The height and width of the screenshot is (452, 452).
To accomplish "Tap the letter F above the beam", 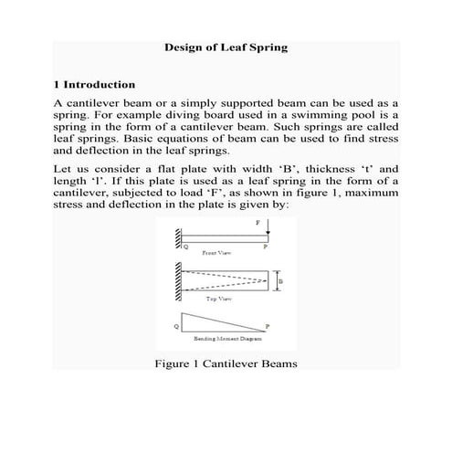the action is [x=258, y=222].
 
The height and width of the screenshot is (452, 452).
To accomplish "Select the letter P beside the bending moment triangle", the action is [x=268, y=326].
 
